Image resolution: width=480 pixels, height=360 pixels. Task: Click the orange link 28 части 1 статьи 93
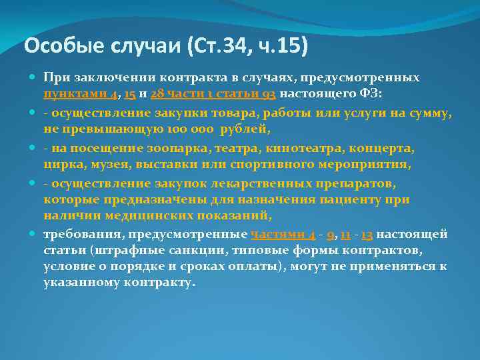214,95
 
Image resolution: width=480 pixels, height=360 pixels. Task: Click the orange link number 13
367,235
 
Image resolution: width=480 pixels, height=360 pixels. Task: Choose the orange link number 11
346,235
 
